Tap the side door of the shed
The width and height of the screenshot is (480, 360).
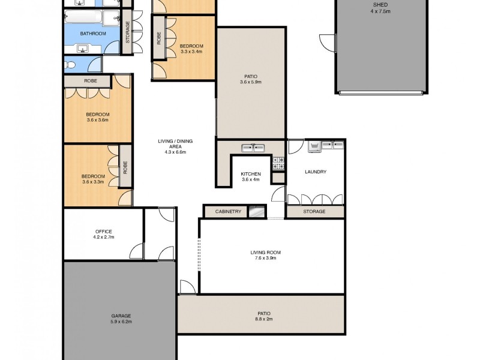(x=328, y=43)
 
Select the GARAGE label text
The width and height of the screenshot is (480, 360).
(x=121, y=316)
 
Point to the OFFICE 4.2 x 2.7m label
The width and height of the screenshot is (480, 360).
(x=103, y=234)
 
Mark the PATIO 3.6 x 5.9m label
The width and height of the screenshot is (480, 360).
(x=251, y=79)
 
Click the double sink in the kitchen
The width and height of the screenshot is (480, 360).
(x=253, y=147)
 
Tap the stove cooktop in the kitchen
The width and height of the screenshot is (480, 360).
(x=278, y=161)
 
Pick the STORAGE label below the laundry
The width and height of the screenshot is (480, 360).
(x=314, y=211)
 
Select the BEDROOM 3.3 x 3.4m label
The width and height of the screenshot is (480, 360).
(x=191, y=49)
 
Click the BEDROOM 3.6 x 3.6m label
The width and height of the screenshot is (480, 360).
(x=97, y=117)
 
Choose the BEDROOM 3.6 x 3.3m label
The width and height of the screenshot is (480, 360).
(x=93, y=179)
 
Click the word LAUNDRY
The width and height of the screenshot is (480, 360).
(x=316, y=172)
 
